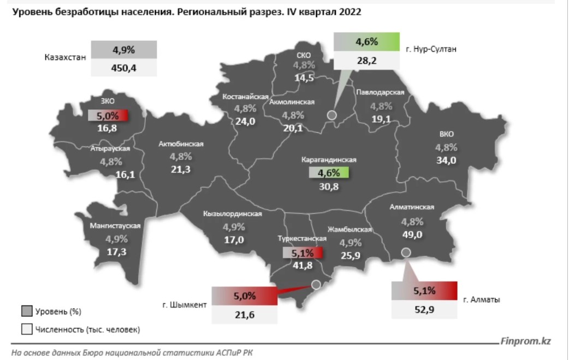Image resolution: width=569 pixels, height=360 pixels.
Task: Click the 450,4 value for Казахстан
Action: tap(124, 68)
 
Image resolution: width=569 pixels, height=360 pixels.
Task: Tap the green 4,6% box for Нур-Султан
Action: tap(366, 42)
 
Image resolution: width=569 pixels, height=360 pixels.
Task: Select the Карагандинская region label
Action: tap(329, 160)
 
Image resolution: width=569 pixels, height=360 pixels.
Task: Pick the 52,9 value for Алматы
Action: tap(424, 309)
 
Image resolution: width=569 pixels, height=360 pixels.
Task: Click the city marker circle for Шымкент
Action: tap(316, 284)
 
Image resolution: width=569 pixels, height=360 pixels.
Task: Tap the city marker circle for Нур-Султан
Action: tap(331, 115)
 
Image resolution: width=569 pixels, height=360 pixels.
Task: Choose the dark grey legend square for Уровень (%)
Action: tap(27, 312)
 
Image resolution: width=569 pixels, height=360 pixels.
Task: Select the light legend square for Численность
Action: tap(27, 329)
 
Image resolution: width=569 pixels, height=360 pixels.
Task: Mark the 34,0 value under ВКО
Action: tap(446, 160)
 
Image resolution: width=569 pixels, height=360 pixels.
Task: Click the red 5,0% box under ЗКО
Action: tap(108, 116)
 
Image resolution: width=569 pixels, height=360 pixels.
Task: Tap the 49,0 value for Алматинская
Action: tap(412, 234)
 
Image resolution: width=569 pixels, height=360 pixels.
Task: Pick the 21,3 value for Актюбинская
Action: tap(181, 169)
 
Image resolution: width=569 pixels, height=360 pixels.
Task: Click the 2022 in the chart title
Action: tap(349, 12)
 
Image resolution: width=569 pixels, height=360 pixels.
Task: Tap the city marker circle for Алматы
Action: tap(406, 252)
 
